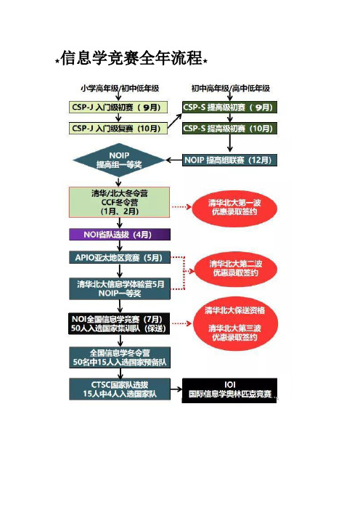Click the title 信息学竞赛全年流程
click(131, 59)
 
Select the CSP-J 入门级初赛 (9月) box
click(118, 108)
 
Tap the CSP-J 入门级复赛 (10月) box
click(118, 128)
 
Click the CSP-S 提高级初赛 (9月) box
click(229, 108)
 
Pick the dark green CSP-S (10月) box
click(229, 128)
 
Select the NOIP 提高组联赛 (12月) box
click(229, 160)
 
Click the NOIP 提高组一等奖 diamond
click(119, 160)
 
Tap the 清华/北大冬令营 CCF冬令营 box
click(119, 202)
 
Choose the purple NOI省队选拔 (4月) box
click(120, 235)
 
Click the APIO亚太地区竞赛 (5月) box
click(120, 258)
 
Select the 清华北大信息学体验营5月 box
click(120, 289)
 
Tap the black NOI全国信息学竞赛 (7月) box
click(119, 323)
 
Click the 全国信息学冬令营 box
click(120, 357)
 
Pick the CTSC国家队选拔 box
click(120, 389)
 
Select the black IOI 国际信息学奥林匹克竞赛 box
click(229, 390)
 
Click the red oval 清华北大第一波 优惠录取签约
click(234, 208)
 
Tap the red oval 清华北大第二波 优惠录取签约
click(236, 269)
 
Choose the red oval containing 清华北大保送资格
click(236, 323)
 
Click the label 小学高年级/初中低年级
click(120, 88)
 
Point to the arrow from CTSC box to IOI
click(176, 389)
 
